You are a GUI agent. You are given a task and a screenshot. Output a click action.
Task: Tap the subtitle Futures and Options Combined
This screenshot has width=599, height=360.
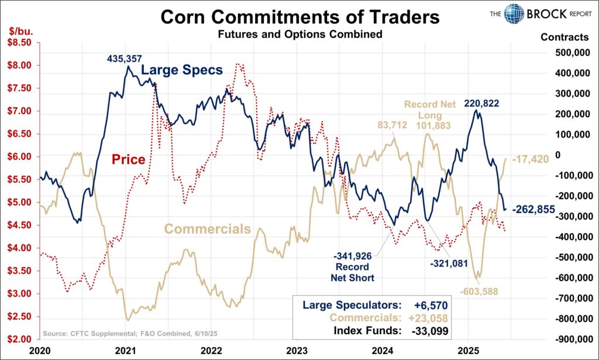pos(300,34)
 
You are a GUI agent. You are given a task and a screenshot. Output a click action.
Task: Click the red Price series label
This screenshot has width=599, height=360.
pos(128,159)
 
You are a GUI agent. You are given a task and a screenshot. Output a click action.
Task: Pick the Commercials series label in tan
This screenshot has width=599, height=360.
pos(207,229)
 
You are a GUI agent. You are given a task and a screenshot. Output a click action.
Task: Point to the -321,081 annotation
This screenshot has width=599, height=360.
pos(449,263)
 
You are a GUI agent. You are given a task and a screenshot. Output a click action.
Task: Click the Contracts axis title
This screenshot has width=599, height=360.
pos(564,37)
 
